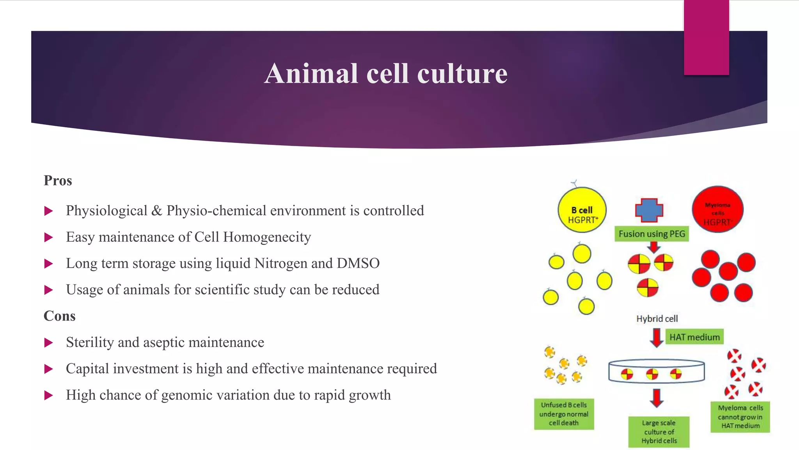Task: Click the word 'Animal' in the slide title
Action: pos(311,74)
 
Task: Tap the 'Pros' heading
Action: pos(58,180)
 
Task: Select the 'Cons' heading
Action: pos(59,316)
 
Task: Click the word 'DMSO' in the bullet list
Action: pos(358,263)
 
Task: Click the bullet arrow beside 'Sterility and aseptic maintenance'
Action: pos(49,343)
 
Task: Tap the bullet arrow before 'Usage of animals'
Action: pos(49,290)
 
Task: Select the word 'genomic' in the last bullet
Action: pos(187,395)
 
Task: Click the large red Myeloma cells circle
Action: pos(717,209)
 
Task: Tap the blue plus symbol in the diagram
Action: pos(649,210)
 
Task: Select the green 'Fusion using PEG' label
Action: pos(652,234)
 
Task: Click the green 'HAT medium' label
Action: pos(694,337)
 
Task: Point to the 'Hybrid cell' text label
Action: pos(657,319)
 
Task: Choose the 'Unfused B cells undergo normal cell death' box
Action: pos(564,414)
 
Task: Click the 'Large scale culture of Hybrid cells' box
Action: pos(659,432)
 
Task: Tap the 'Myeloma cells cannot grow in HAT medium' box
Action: pos(740,417)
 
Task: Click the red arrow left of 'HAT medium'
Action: pos(657,337)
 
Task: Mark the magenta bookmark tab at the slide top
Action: pos(706,37)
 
